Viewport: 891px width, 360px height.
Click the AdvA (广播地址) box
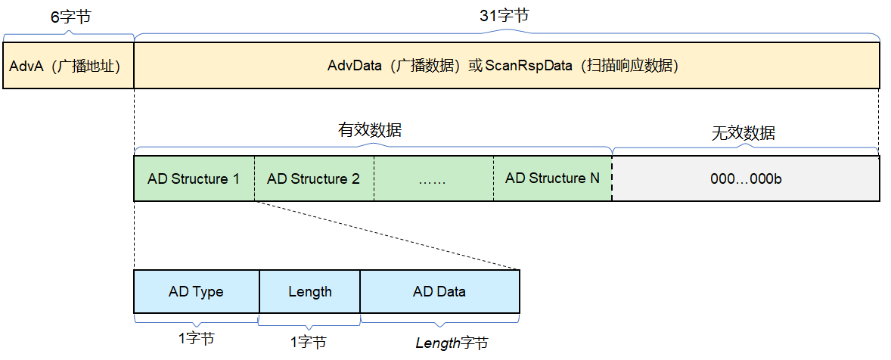tap(68, 66)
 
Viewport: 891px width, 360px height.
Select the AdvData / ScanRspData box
tap(506, 66)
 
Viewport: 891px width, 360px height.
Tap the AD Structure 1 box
tap(194, 179)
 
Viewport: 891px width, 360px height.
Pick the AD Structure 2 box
tap(313, 179)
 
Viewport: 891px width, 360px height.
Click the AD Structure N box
tap(552, 179)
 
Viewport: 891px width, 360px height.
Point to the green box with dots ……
tap(433, 179)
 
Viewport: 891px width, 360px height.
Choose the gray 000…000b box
tap(745, 179)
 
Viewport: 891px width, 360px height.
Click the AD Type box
tap(196, 292)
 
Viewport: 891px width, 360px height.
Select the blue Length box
tap(309, 292)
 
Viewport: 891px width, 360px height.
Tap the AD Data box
tap(439, 292)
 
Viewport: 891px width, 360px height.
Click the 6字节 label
tap(70, 17)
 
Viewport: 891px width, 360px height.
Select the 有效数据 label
tap(369, 129)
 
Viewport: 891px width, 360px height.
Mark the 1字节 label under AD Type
tap(197, 338)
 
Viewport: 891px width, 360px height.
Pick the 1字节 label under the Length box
tap(308, 343)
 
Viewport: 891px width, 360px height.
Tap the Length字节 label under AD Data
tap(452, 343)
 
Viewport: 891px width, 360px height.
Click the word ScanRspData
tap(528, 66)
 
